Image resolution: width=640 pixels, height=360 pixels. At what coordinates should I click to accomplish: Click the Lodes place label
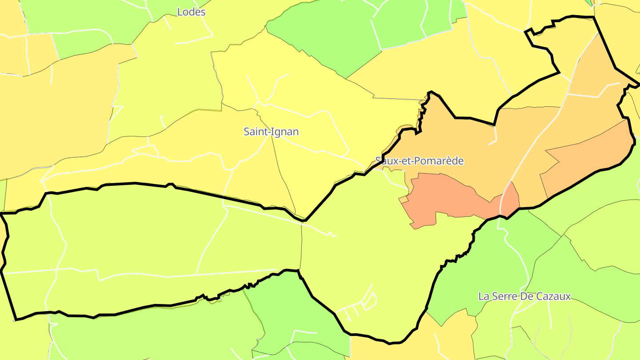pyautogui.click(x=191, y=12)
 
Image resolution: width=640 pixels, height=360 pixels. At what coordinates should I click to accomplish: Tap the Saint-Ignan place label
pyautogui.click(x=271, y=132)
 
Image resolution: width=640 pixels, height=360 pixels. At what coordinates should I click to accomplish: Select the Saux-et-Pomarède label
pyautogui.click(x=419, y=161)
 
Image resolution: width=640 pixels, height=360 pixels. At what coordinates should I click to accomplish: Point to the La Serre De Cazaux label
pyautogui.click(x=524, y=296)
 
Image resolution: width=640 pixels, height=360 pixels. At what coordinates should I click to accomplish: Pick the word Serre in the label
pyautogui.click(x=507, y=296)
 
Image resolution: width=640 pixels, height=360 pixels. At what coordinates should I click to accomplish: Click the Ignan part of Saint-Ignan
pyautogui.click(x=285, y=132)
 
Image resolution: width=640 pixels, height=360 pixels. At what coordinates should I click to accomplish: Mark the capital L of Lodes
pyautogui.click(x=180, y=12)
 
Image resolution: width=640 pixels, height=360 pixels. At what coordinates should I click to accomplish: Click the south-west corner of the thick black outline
pyautogui.click(x=16, y=319)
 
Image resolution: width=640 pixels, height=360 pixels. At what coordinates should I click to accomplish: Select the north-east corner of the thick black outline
pyautogui.click(x=594, y=17)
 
